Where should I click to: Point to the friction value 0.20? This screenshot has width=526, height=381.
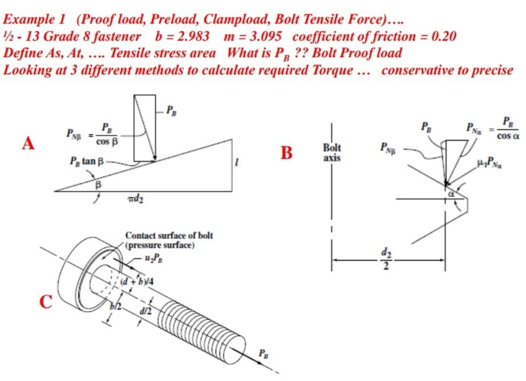pos(443,37)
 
